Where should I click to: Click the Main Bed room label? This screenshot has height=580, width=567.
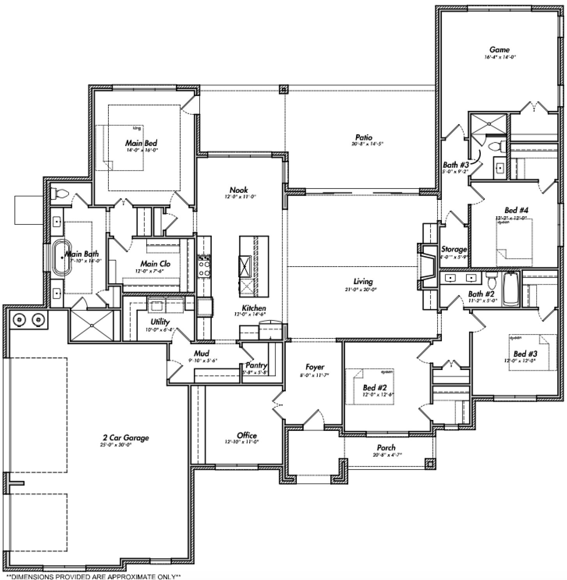click(141, 143)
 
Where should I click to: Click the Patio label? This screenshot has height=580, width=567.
click(363, 137)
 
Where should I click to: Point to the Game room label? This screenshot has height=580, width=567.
click(499, 50)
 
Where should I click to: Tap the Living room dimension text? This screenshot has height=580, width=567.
click(363, 289)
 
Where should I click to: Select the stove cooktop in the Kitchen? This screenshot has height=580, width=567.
click(204, 266)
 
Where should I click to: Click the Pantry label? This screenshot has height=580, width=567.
click(256, 365)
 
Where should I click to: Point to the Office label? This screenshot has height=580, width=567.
click(247, 435)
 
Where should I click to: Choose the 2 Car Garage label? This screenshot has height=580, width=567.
click(126, 438)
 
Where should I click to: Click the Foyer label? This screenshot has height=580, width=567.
click(315, 367)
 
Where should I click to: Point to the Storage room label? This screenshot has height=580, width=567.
click(454, 249)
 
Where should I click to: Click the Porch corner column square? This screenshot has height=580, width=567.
click(430, 463)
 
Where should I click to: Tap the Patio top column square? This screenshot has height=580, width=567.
click(283, 90)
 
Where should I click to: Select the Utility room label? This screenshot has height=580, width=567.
click(160, 322)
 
